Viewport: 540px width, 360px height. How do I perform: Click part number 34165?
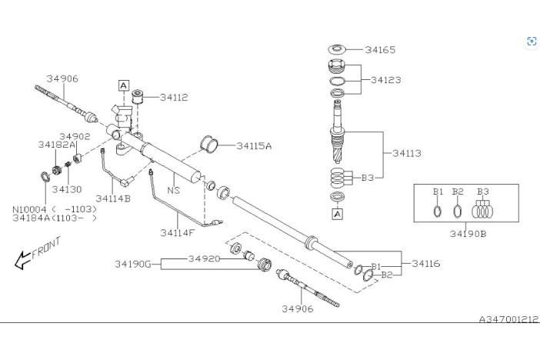point(380,49)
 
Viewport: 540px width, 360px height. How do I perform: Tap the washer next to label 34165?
point(337,49)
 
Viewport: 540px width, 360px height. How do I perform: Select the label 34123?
point(386,80)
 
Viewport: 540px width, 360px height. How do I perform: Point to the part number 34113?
point(407,153)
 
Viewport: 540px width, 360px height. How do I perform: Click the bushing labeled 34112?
point(138,96)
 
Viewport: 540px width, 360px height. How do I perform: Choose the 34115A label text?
point(254,145)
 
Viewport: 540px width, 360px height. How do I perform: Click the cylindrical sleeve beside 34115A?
point(209,144)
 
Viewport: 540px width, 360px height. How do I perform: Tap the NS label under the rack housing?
point(174,190)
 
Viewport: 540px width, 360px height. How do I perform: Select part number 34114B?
point(113,198)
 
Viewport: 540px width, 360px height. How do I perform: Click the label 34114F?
point(178,233)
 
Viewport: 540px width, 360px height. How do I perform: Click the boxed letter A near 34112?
point(124,85)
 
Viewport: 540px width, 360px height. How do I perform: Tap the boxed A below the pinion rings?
point(338,214)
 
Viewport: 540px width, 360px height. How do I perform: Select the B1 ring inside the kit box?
point(438,212)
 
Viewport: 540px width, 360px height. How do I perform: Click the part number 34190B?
point(468,234)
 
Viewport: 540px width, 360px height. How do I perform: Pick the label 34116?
point(426,264)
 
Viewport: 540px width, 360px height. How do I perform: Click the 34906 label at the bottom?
point(298,308)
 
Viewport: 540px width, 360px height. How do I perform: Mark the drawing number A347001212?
point(508,319)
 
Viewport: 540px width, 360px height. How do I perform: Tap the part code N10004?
point(29,209)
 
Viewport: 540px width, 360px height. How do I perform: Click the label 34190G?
point(132,264)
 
